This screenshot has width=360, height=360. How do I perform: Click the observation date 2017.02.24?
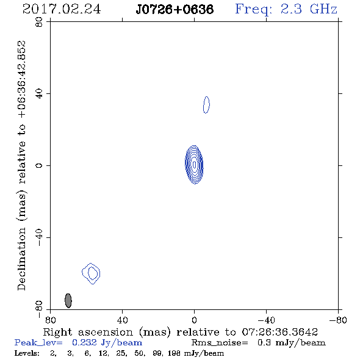pos(62,9)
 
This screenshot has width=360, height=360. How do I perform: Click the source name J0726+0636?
pos(175,9)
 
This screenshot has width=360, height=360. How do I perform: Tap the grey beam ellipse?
pos(68,301)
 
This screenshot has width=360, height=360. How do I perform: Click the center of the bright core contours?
pos(194,164)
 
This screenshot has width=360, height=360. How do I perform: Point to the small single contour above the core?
pos(206,105)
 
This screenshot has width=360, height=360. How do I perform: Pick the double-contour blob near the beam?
pos(91,273)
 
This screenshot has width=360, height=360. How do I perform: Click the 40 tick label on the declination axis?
pos(39,94)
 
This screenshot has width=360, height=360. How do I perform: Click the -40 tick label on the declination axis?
pos(39,237)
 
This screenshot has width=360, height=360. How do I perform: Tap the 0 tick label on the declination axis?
pos(39,165)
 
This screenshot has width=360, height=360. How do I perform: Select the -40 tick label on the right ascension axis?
pos(266,320)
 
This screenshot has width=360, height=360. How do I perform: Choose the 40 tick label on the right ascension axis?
pos(123,320)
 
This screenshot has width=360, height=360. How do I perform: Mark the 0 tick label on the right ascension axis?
pos(194,320)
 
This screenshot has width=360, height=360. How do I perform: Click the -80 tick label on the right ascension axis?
pos(338,320)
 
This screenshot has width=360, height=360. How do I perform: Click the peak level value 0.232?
pos(84,342)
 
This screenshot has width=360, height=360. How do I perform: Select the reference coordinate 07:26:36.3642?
pos(280,332)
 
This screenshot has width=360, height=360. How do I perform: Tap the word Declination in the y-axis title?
pos(21,259)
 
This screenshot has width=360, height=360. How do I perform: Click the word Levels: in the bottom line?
pos(27,353)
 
